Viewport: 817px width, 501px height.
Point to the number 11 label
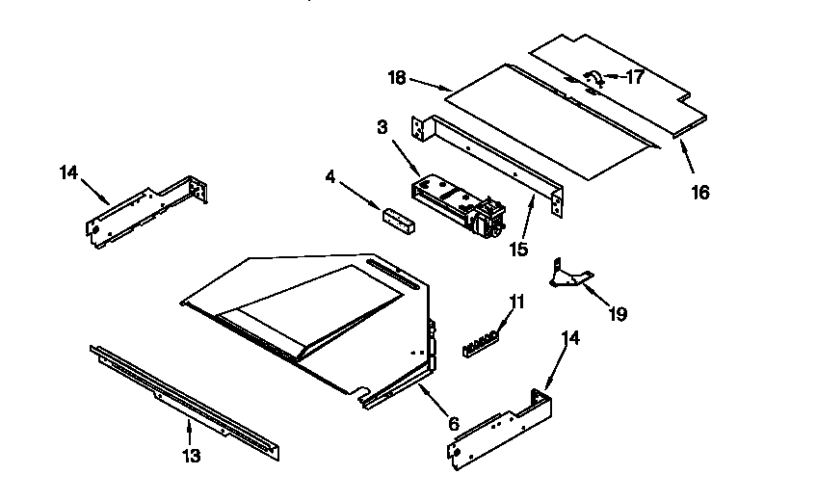click(x=517, y=302)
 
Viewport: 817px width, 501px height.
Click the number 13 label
click(x=192, y=456)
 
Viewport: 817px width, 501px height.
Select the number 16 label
click(x=699, y=192)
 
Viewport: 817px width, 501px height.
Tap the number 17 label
click(x=634, y=79)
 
